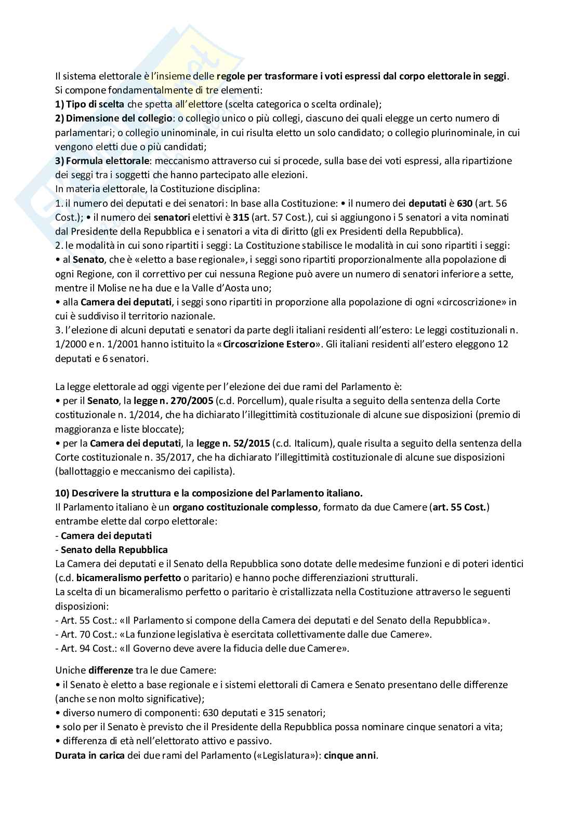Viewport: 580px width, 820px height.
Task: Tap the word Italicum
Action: coord(311,443)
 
